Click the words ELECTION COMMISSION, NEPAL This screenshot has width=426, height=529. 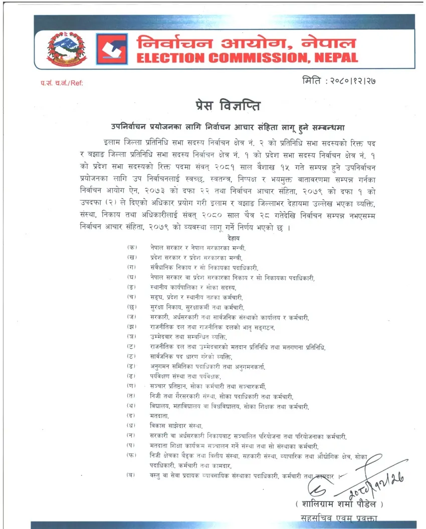248,57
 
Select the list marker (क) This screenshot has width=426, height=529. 132,248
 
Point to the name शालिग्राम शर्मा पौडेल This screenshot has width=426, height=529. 339,503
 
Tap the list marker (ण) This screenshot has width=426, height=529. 132,386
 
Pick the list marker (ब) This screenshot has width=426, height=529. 132,475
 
